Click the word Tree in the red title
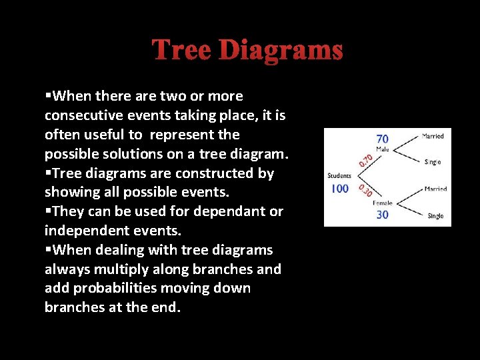click(181, 50)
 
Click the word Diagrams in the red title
click(281, 50)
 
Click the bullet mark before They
click(48, 211)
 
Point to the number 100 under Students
click(340, 189)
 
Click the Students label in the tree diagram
click(340, 176)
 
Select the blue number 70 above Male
click(383, 139)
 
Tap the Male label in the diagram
click(383, 149)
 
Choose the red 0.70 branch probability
click(366, 157)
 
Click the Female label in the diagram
click(383, 203)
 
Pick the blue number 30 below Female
click(383, 214)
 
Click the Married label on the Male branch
click(433, 136)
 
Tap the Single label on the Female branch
click(435, 216)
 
